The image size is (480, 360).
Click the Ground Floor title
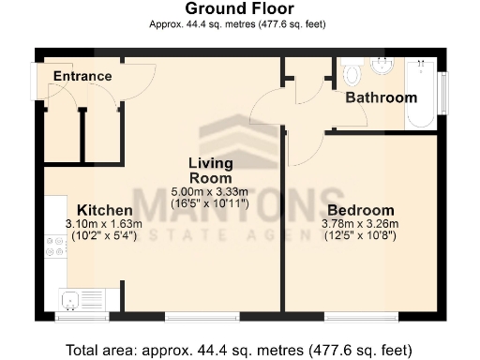pos(238,9)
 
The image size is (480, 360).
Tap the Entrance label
pos(82,76)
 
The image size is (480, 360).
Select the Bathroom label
pos(381,97)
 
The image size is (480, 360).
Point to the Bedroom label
pos(359,210)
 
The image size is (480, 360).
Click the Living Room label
pos(211,170)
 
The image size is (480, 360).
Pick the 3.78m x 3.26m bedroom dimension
pos(360,223)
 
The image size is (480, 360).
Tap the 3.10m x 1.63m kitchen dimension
pos(104,223)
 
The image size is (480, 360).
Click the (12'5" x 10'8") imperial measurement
pos(360,236)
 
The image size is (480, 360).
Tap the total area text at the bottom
pos(238,350)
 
